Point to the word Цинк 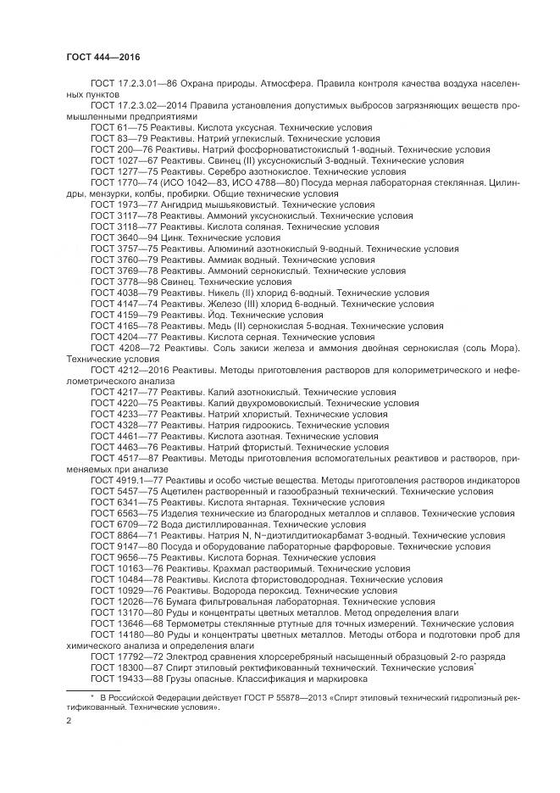tap(173, 238)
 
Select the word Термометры tap(193, 623)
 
